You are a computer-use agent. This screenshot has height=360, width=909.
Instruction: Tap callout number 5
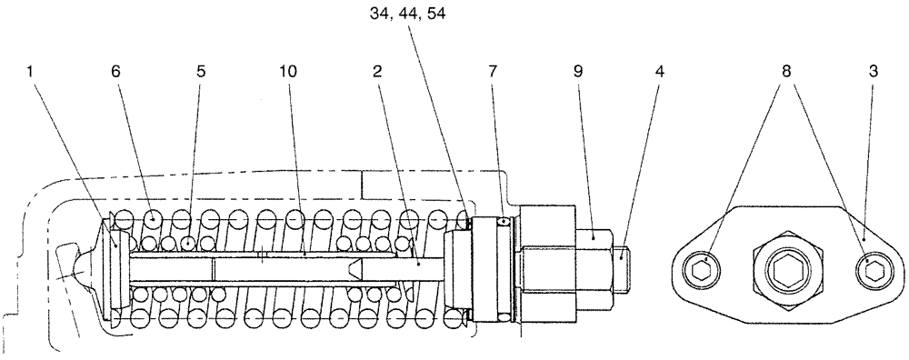201,71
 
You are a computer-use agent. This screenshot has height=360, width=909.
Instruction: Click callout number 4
659,71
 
